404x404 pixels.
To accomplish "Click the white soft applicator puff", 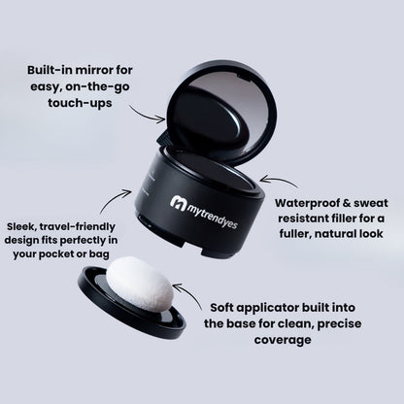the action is [140, 285].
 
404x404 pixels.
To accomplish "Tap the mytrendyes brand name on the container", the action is [213, 216].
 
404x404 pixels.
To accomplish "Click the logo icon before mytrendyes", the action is [179, 203].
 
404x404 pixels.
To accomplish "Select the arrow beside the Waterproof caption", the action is [279, 181].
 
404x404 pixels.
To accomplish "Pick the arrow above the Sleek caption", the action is [114, 200].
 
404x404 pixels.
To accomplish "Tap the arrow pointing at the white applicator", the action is [189, 294].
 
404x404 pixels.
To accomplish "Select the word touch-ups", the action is [80, 103].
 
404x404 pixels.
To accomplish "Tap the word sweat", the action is [371, 203].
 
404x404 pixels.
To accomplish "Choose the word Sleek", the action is [20, 226].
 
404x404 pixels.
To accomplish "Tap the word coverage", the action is [283, 340].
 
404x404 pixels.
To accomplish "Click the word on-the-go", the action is [98, 87].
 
